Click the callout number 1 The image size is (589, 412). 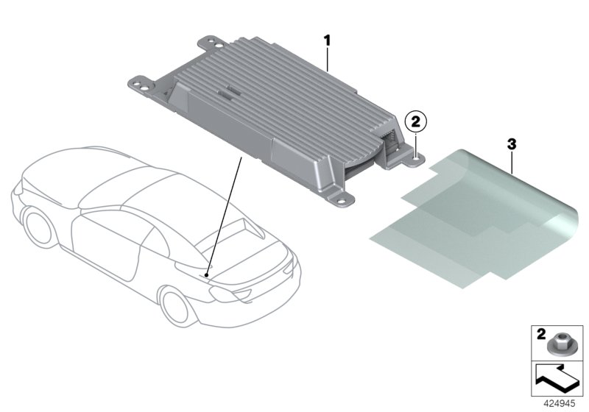pos(327,40)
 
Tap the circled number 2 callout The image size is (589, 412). pos(416,121)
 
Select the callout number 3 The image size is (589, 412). pos(512,143)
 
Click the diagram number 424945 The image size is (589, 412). pos(560,404)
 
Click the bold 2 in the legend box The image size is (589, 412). pos(541,334)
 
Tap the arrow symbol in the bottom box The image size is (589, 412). pos(556,379)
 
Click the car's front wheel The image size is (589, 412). pos(38,227)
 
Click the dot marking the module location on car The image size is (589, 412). pos(206,275)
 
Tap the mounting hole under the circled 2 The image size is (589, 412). pos(415,158)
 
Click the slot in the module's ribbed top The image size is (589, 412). pos(230,92)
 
